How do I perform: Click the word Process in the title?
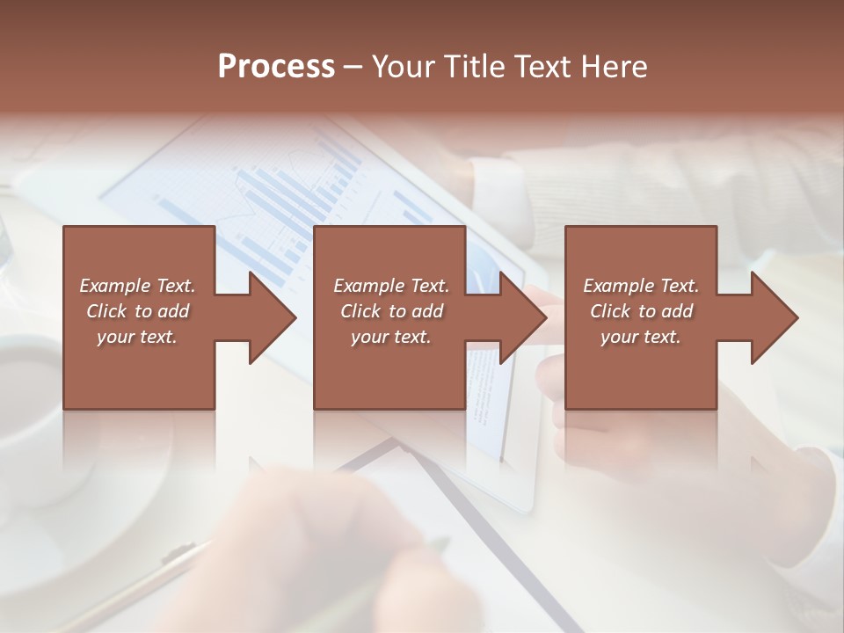point(276,67)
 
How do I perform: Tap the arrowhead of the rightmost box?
point(773,317)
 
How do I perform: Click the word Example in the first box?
point(115,286)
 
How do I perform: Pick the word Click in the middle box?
point(360,311)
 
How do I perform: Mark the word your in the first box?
point(115,337)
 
